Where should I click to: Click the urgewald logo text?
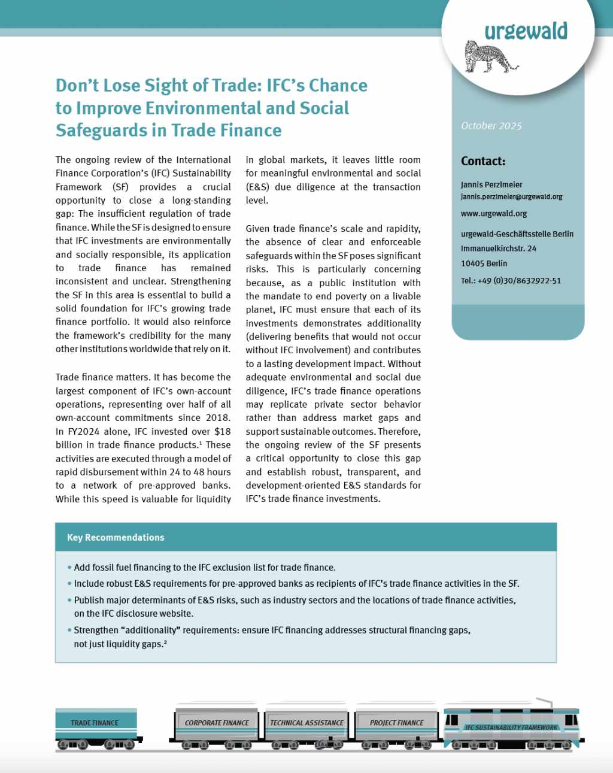526,31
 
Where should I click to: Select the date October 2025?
491,126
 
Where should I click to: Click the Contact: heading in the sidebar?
483,161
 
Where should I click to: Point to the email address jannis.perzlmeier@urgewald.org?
511,196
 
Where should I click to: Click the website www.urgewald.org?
494,213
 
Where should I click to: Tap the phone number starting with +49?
511,280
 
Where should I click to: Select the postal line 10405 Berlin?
484,263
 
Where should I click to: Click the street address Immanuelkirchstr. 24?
498,248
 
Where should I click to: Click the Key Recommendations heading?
116,537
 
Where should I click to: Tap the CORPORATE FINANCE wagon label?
217,723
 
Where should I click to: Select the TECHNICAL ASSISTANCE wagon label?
306,723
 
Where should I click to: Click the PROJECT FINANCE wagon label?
396,723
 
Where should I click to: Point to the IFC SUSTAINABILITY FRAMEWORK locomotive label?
511,727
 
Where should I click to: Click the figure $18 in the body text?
222,431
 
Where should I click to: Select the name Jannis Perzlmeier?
491,184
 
